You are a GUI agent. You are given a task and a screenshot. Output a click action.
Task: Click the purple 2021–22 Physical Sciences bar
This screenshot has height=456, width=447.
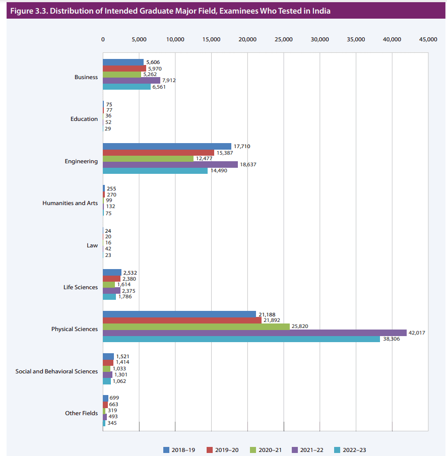point(254,333)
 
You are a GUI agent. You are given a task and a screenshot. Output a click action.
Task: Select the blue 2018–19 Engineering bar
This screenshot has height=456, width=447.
point(167,146)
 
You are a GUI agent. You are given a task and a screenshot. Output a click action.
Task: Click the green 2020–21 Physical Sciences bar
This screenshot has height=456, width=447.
point(196,327)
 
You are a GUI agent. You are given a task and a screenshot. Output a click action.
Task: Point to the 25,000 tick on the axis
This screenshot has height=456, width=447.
point(284,39)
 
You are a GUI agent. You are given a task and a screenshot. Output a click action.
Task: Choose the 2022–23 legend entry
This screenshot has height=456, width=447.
point(354,450)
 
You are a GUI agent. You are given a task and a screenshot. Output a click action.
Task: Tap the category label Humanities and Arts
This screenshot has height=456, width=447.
point(70,204)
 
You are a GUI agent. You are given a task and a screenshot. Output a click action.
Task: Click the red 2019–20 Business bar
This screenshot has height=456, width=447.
point(124,68)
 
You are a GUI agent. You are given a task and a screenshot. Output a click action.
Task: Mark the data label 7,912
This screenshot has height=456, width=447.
point(169,80)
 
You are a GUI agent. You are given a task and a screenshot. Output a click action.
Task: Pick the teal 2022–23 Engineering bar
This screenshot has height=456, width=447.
point(155,171)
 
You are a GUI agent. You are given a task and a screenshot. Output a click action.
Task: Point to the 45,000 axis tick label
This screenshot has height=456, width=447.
point(428,39)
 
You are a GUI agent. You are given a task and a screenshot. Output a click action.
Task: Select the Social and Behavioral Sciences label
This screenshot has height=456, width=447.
point(57,371)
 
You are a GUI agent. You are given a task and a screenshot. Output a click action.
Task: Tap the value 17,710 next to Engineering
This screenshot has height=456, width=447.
point(242,147)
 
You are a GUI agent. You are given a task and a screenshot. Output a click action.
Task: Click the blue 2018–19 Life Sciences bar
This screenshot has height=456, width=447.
point(112,273)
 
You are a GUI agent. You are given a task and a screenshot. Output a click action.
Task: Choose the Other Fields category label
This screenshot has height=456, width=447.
point(82,413)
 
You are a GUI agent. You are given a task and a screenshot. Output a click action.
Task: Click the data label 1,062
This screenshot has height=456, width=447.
point(119,381)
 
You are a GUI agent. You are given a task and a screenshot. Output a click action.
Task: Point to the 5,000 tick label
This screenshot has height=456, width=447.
point(139,39)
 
